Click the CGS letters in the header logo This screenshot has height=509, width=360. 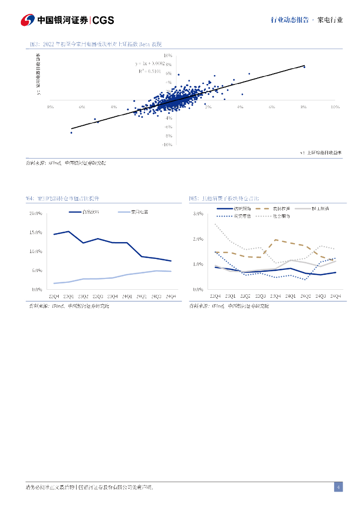103,20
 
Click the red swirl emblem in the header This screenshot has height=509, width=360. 27,20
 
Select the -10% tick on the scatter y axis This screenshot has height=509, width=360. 167,145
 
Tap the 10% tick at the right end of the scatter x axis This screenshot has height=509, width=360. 335,107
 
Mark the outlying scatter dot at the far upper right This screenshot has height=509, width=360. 304,67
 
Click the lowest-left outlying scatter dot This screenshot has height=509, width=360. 71,133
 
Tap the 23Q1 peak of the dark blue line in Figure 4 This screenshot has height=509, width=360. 68,232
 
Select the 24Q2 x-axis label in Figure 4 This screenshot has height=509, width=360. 142,296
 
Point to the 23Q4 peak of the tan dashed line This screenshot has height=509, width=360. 276,240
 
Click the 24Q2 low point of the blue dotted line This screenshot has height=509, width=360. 305,280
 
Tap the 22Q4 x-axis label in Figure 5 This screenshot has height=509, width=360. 215,296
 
